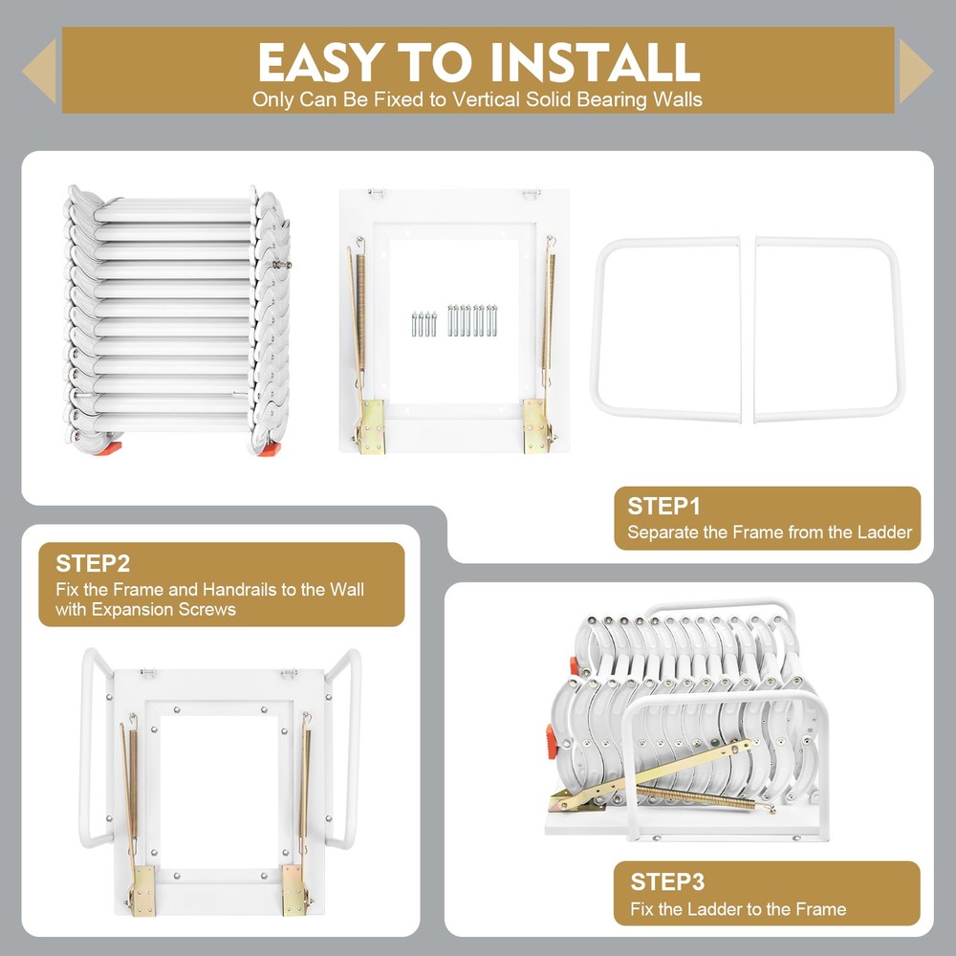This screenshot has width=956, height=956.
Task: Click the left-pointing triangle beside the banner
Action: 40,71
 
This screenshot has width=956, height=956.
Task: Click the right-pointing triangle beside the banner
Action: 915,71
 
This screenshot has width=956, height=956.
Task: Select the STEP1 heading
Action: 663,507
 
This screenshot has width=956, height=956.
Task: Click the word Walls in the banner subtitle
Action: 680,99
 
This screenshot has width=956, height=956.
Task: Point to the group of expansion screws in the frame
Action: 455,320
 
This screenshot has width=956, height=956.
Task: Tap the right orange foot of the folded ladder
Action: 272,445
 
